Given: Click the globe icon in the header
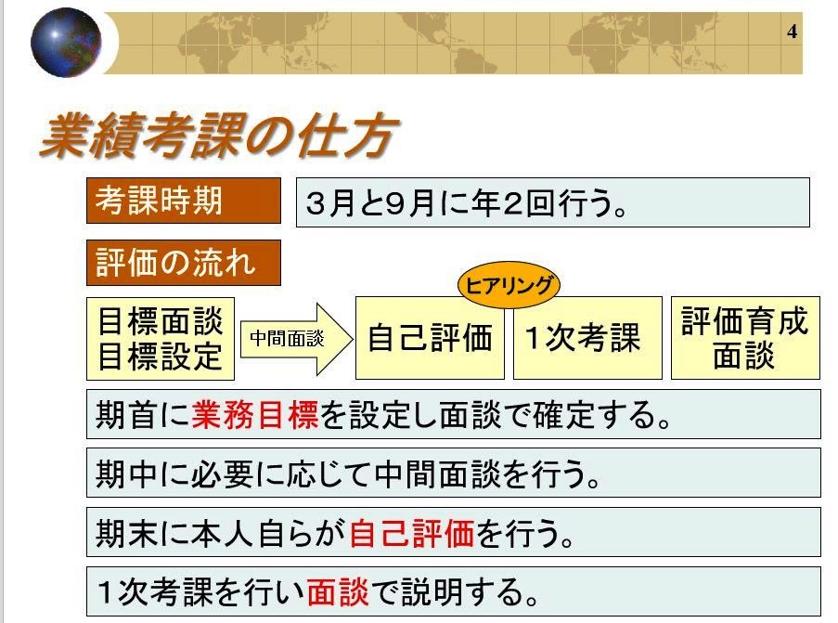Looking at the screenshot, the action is point(66,42).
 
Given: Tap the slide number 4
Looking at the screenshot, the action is point(792,32).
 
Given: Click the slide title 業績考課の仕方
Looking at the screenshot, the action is point(219,136).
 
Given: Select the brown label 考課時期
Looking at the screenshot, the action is point(184,201).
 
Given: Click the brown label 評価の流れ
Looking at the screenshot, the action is point(184,263).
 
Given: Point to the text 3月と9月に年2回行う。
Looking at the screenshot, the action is point(466,203).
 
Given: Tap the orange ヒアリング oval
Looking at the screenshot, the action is point(509,285).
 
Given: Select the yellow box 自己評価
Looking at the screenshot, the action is point(430,338).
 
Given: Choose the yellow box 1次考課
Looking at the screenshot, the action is point(587,338).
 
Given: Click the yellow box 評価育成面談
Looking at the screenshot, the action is point(745,338).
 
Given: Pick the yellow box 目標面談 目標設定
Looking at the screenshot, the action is point(161,339).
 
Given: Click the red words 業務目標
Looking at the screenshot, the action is point(254,415).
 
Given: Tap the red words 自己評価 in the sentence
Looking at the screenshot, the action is point(412,534).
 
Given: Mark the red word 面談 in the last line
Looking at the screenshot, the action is point(338,592).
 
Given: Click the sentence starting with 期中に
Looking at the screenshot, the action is point(348,474).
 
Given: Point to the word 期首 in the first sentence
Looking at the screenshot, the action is point(127,415).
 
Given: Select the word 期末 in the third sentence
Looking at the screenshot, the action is point(127,534).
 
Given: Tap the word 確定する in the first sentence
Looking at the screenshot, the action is point(594,415).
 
